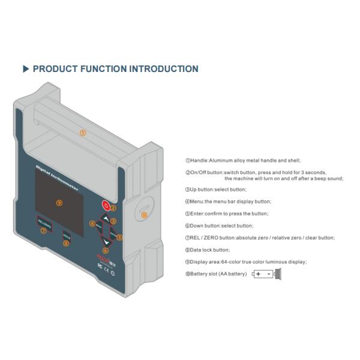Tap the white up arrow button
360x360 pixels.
[x=106, y=218]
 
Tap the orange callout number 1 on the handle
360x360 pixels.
[x=83, y=133]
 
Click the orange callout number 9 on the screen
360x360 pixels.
[x=59, y=203]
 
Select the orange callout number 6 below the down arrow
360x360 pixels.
[x=106, y=250]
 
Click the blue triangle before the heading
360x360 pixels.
[x=26, y=69]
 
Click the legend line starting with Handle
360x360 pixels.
[x=243, y=160]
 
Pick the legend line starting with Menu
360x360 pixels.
[x=228, y=202]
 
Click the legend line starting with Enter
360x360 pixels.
[x=226, y=214]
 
